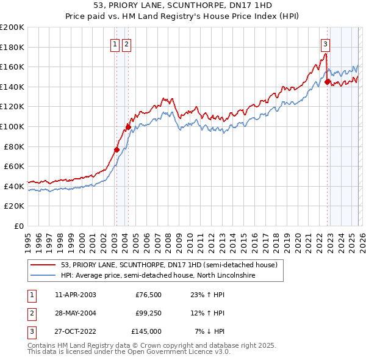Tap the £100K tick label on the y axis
click(x=12, y=126)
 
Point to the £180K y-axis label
click(x=12, y=47)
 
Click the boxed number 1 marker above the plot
click(x=115, y=44)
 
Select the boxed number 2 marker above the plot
click(x=126, y=44)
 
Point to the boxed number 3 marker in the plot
click(x=326, y=44)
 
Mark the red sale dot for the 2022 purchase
click(x=328, y=82)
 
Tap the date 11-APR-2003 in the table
click(x=75, y=295)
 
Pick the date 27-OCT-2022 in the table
click(x=75, y=331)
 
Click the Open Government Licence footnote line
click(x=129, y=352)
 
